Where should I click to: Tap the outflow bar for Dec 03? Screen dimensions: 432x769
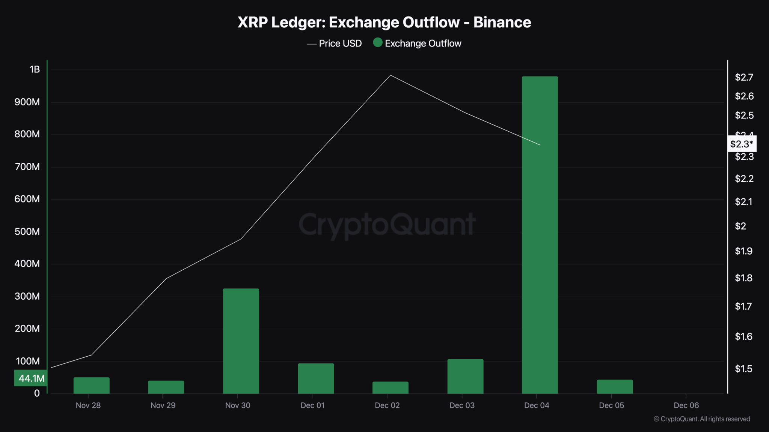(465, 376)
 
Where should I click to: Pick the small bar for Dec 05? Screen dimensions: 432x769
(615, 387)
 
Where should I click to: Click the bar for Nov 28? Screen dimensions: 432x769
(91, 385)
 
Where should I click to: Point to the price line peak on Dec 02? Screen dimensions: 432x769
(391, 75)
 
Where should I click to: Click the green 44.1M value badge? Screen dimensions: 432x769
(31, 378)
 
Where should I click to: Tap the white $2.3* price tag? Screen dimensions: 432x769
(741, 144)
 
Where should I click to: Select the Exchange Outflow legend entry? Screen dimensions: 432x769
(417, 43)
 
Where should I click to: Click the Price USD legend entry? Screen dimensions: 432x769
(335, 43)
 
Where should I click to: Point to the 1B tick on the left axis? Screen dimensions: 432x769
(35, 69)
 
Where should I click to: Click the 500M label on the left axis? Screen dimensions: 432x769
(27, 231)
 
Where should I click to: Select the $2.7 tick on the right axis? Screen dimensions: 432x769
(744, 77)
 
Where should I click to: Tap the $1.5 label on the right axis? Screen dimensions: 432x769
(743, 369)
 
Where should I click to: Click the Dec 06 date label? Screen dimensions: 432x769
(686, 405)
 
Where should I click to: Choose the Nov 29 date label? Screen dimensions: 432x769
(163, 405)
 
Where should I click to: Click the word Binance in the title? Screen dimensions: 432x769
(502, 22)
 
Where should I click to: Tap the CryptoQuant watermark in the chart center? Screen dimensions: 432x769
(387, 224)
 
